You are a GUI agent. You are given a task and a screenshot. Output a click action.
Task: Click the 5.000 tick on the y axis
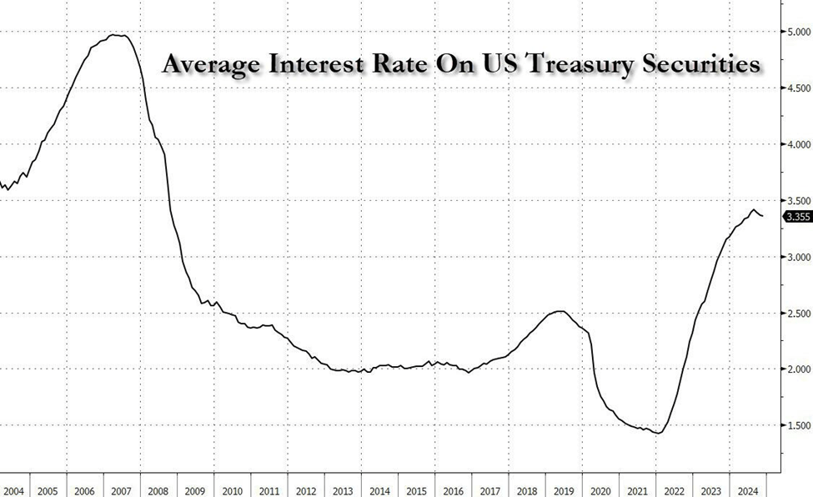pos(798,33)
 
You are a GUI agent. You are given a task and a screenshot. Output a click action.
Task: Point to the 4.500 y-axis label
pos(798,88)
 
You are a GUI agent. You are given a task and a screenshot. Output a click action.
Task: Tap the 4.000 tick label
pos(798,144)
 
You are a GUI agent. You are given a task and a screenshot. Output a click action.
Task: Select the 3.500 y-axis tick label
pos(798,201)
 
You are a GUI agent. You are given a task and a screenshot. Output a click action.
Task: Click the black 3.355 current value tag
pos(797,217)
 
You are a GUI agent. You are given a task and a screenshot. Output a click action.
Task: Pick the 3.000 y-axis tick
pos(798,257)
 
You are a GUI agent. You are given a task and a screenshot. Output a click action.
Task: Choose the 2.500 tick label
pos(798,314)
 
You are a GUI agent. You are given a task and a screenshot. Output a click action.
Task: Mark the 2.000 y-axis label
pos(798,369)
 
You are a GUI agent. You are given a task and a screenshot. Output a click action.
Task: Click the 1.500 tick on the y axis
pos(798,426)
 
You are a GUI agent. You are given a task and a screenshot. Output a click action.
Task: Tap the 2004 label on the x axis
pos(13,489)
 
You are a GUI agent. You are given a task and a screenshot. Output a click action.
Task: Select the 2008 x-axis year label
pos(159,489)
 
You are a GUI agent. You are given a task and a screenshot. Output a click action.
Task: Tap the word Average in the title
pos(212,65)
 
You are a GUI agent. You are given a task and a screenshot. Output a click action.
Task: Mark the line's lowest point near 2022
pos(659,433)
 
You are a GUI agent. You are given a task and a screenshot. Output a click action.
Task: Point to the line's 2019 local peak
pos(560,312)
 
